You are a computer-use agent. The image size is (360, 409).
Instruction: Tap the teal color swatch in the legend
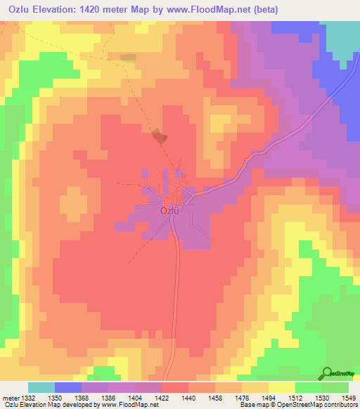click(x=41, y=387)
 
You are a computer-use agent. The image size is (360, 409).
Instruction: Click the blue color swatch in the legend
click(x=68, y=387)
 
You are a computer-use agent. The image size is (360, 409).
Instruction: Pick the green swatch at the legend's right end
click(x=335, y=387)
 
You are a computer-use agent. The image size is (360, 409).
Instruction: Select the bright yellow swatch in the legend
click(x=282, y=387)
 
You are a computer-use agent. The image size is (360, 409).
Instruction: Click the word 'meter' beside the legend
click(x=9, y=398)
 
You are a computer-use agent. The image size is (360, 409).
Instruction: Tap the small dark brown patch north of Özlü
click(x=160, y=137)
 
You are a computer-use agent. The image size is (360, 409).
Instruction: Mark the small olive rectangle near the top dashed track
click(x=128, y=58)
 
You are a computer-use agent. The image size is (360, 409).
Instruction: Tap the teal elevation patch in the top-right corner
click(x=343, y=35)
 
